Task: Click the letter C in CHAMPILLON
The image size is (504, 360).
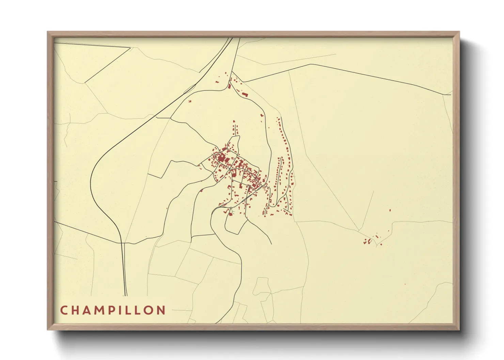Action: [x=64, y=310]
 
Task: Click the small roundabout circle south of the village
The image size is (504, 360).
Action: [x=231, y=208]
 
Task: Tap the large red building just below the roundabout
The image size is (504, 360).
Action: [x=230, y=214]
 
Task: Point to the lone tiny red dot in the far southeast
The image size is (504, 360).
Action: [x=405, y=284]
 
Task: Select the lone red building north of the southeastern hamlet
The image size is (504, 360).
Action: [x=390, y=210]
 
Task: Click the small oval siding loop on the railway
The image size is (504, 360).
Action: [x=189, y=89]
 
